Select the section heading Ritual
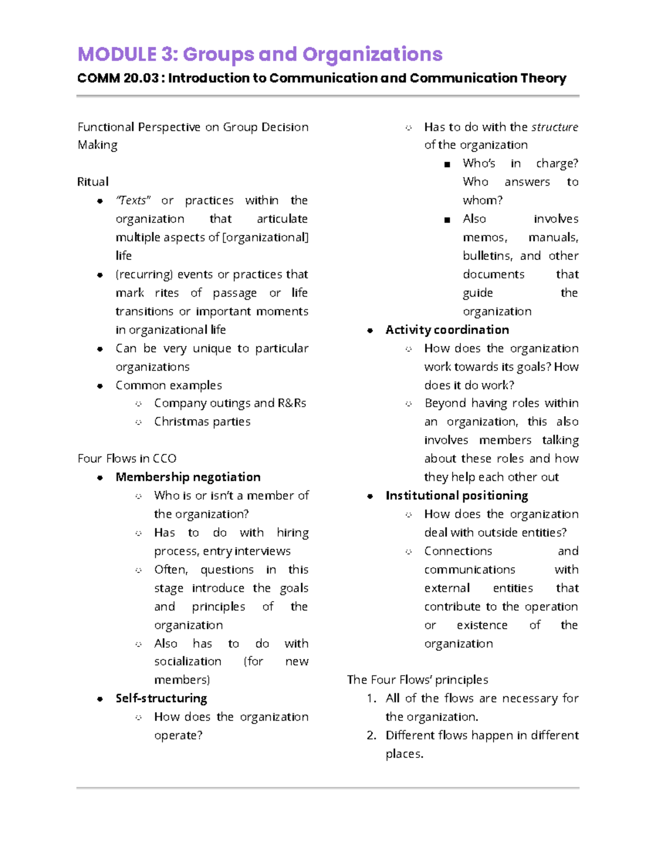(x=93, y=182)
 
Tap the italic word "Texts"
(x=133, y=200)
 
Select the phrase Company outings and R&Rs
(x=230, y=403)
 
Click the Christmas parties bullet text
(x=202, y=422)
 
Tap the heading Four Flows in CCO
(x=127, y=458)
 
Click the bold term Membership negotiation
(x=188, y=477)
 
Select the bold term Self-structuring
(x=161, y=698)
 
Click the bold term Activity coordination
(x=447, y=330)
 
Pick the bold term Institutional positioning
(x=456, y=495)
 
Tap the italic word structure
(x=554, y=127)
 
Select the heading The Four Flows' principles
(x=417, y=679)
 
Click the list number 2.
(x=372, y=735)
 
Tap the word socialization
(x=188, y=661)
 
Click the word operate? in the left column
(x=178, y=735)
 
